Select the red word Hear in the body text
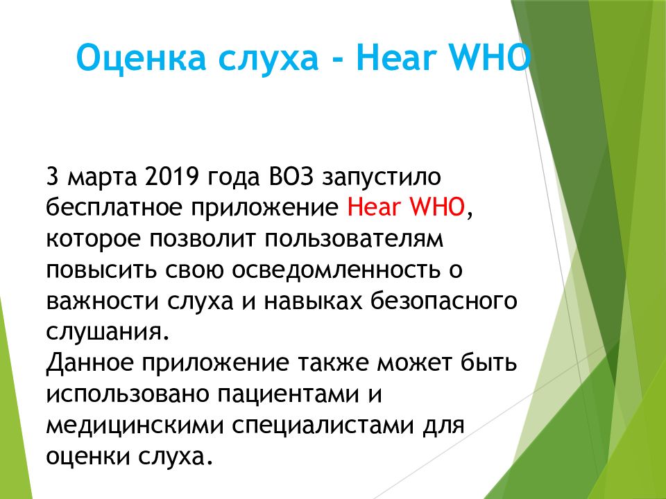tap(371, 207)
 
